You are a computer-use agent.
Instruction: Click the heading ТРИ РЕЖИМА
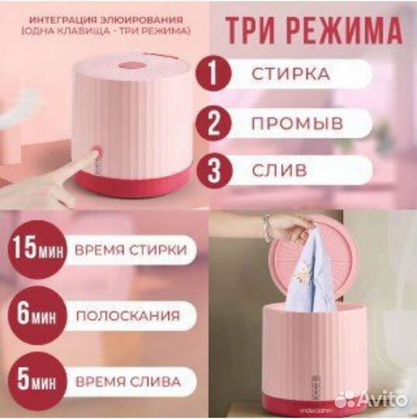pyautogui.click(x=314, y=31)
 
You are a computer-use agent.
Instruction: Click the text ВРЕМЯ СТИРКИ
pyautogui.click(x=130, y=250)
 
